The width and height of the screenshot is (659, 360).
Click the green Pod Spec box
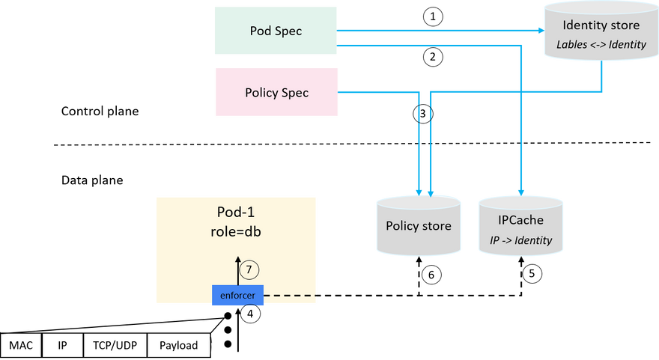click(x=276, y=30)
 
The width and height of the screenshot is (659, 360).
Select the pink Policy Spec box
click(x=276, y=92)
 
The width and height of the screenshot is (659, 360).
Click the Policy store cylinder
click(x=419, y=225)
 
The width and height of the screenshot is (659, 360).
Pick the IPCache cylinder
click(x=520, y=225)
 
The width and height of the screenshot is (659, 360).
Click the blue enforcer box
click(x=237, y=295)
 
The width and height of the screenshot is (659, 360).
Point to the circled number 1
click(x=433, y=16)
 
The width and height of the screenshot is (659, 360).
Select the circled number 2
click(x=433, y=57)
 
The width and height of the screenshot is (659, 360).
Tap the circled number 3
click(x=423, y=114)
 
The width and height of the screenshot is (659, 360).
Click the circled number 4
click(x=250, y=314)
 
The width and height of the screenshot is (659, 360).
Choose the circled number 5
click(x=532, y=274)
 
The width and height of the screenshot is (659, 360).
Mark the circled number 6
click(x=431, y=275)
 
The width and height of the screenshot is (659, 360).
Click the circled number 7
click(x=249, y=269)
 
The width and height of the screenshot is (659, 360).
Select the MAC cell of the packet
click(x=21, y=345)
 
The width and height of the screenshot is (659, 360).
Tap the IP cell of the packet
click(x=63, y=345)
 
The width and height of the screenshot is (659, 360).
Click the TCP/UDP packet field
click(x=115, y=345)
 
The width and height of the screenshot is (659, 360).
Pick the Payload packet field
click(x=179, y=345)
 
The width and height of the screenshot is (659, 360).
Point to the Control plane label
click(x=100, y=111)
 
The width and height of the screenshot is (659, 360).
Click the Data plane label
click(x=92, y=180)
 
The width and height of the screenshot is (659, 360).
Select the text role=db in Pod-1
click(x=236, y=231)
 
